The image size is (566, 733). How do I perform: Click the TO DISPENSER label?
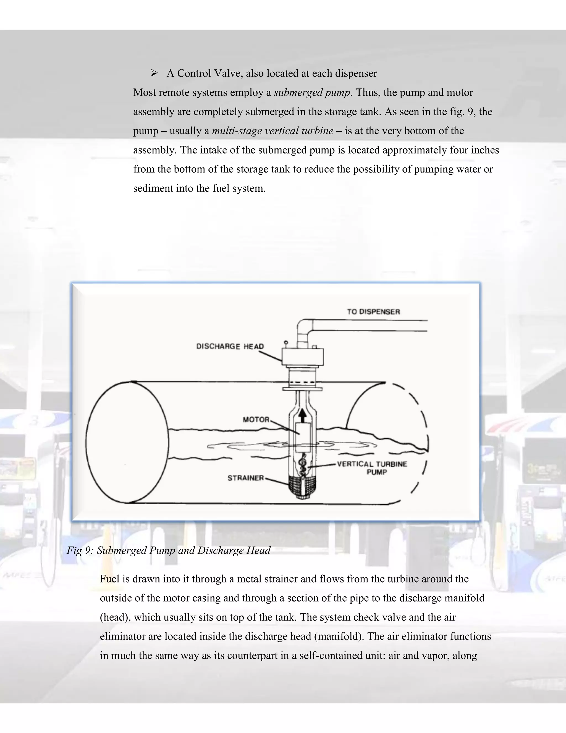point(373,312)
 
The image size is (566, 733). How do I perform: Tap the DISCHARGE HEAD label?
point(230,346)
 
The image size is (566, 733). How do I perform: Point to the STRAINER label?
point(245,478)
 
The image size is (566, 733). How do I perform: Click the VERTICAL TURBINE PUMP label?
point(372,468)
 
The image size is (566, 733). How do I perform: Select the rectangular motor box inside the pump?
point(303,437)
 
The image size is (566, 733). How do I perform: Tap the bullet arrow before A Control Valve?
point(154,73)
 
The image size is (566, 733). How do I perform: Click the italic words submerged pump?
point(312,92)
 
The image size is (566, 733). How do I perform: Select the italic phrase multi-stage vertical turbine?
point(272,131)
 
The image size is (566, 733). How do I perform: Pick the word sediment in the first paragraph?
point(153,188)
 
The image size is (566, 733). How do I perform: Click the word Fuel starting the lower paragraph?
point(110,579)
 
